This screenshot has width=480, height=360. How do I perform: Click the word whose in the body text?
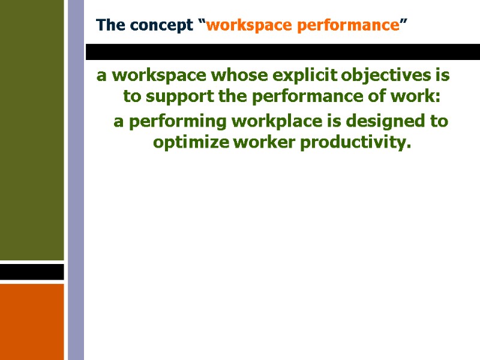pos(239,76)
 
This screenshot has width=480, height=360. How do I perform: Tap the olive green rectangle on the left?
pos(31,129)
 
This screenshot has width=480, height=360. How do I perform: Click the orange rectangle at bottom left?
pos(31,322)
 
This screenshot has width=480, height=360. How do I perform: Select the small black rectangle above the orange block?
pos(31,272)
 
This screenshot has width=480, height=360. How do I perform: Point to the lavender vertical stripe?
pos(76,180)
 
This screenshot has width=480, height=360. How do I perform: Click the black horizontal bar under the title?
pos(282,52)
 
